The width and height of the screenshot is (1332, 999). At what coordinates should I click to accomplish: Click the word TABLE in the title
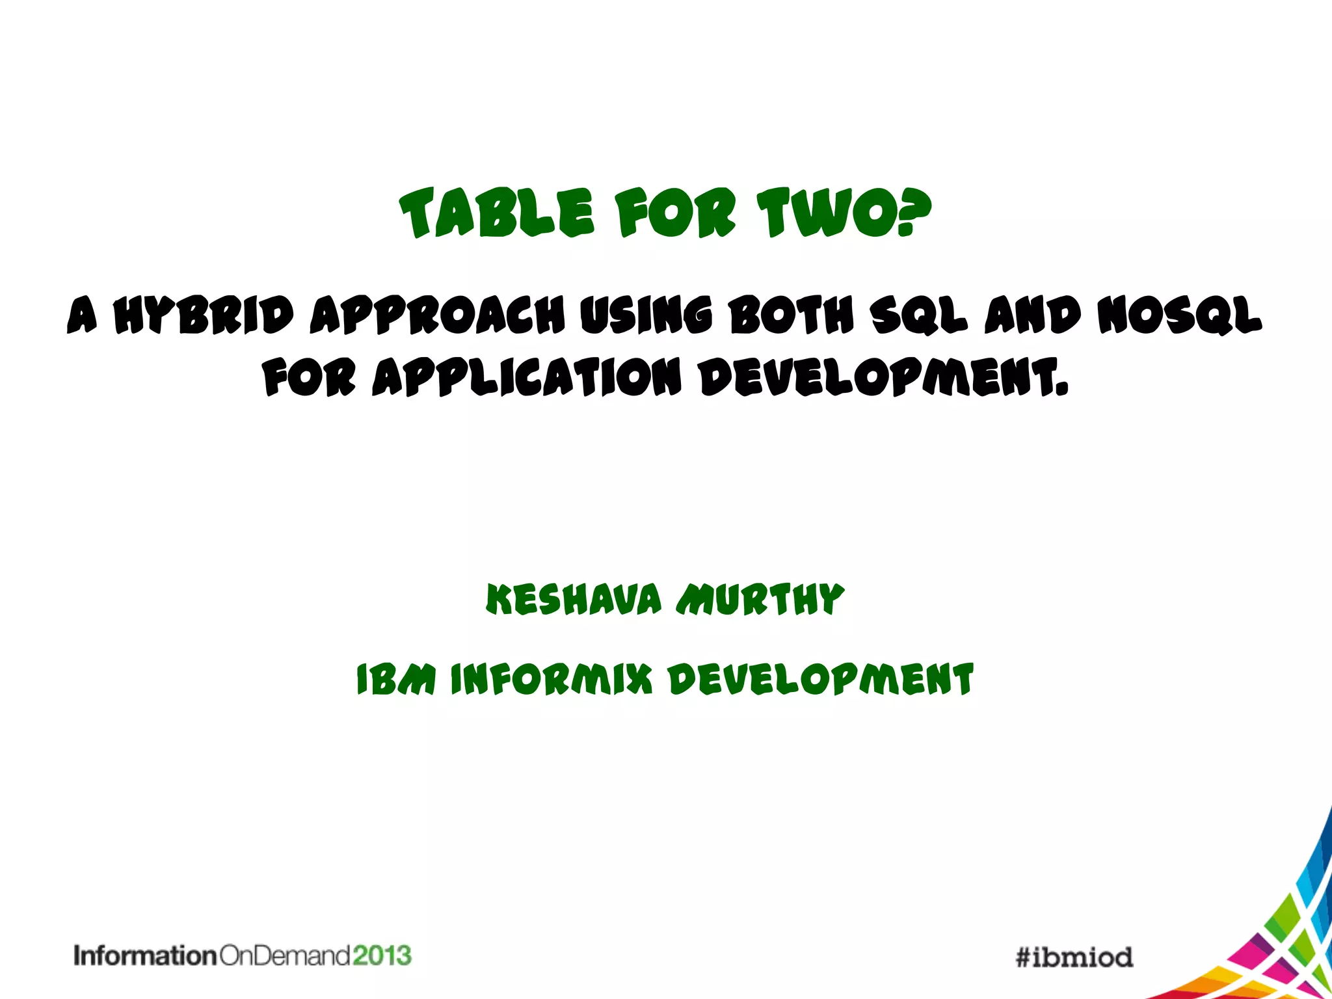[x=497, y=213]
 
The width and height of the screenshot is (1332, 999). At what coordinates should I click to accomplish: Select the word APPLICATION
[x=527, y=377]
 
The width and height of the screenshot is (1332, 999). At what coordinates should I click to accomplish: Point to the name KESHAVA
[x=574, y=599]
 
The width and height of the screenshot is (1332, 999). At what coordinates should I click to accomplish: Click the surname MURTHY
[x=760, y=599]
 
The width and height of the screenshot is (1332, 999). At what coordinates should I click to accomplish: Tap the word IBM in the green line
[x=396, y=680]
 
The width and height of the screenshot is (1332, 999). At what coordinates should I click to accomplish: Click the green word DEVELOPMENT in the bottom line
[x=821, y=680]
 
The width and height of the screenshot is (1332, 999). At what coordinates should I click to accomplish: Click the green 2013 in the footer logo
[x=382, y=955]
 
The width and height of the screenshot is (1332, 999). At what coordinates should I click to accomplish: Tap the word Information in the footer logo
[x=144, y=956]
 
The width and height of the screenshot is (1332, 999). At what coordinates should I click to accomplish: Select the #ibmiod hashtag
[x=1074, y=957]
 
